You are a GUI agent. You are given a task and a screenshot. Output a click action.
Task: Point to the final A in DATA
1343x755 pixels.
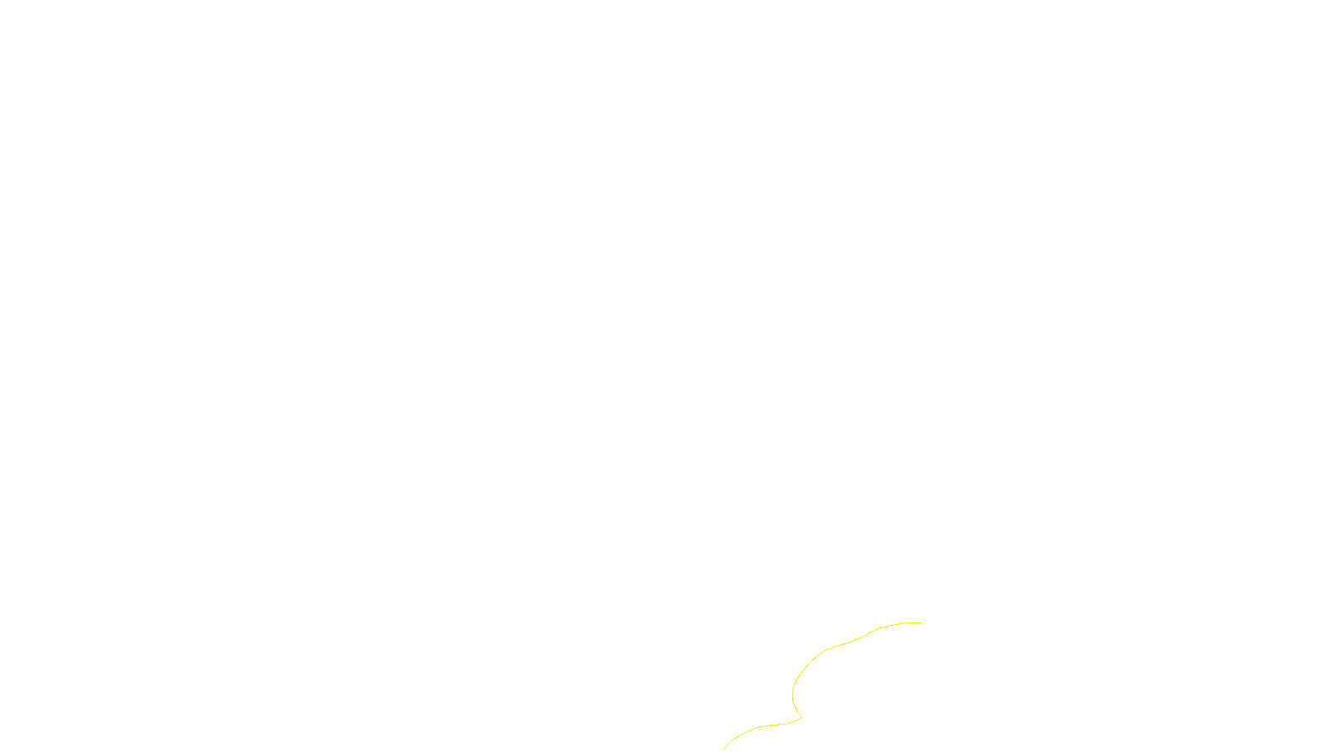pyautogui.click(x=719, y=741)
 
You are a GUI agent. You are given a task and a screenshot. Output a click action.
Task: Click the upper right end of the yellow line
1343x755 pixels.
pyautogui.click(x=921, y=622)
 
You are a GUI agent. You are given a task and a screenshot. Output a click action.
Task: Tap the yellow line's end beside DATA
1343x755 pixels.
pyautogui.click(x=724, y=748)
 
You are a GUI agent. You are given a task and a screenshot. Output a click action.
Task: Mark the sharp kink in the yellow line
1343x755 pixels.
pyautogui.click(x=802, y=717)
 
